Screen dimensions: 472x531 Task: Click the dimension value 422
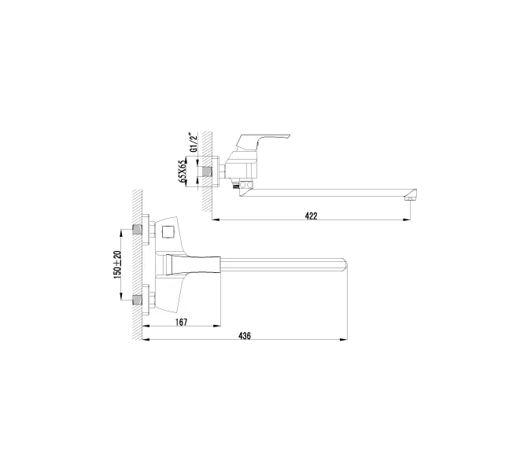pyautogui.click(x=312, y=216)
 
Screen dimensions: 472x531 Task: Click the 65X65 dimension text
pyautogui.click(x=182, y=171)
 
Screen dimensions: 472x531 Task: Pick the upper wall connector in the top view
pyautogui.click(x=139, y=230)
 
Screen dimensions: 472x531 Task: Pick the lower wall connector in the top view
pyautogui.click(x=139, y=298)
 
